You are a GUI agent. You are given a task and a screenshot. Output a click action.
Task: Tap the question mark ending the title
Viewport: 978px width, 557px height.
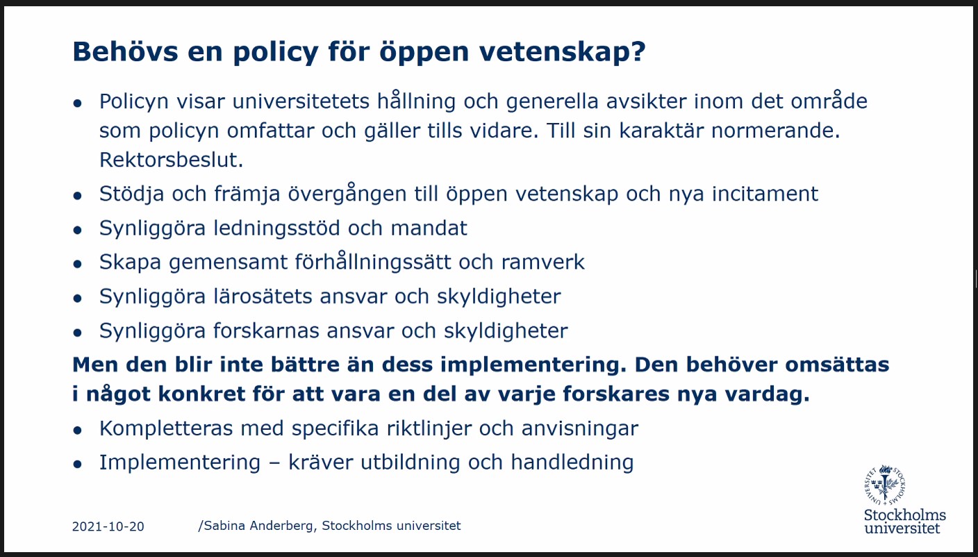(636, 53)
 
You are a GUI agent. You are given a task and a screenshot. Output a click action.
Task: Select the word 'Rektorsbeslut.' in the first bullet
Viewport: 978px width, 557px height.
(171, 160)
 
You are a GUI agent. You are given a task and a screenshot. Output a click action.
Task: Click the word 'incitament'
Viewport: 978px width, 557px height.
(765, 193)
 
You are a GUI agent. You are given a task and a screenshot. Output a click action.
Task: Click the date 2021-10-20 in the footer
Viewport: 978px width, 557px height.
(108, 526)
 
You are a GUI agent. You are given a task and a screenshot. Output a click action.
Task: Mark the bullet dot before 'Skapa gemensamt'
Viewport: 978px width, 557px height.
(78, 264)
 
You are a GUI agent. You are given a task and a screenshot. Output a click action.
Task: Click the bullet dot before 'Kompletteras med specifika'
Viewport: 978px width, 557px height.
(78, 430)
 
